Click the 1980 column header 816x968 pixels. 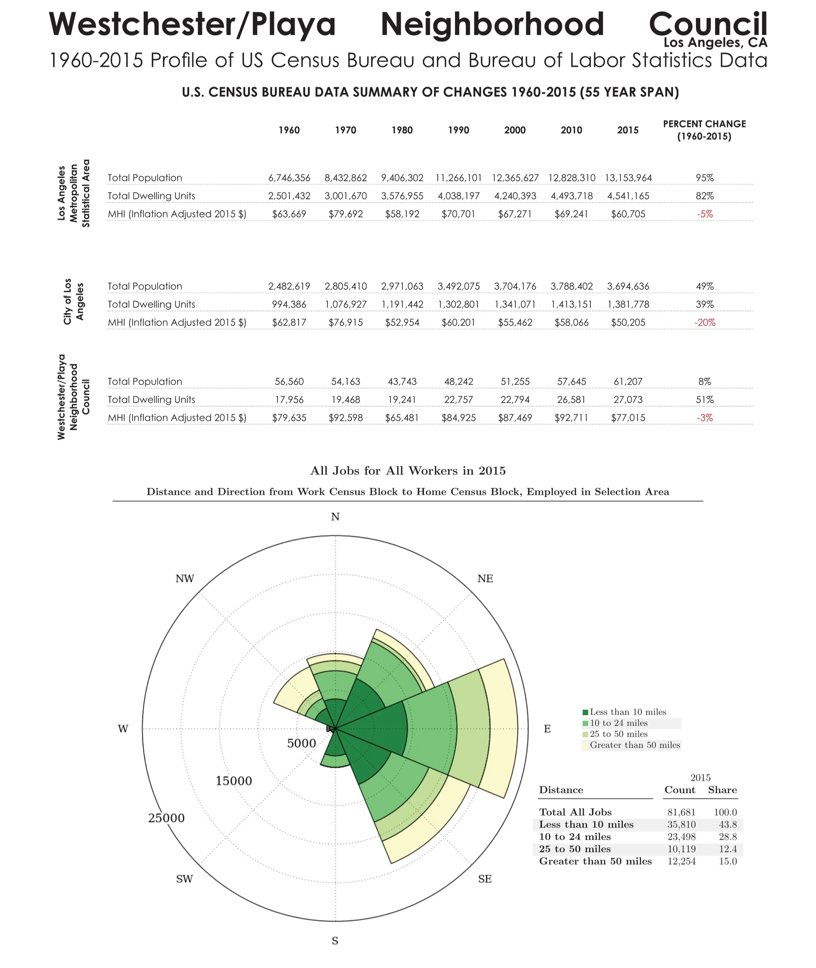pyautogui.click(x=402, y=130)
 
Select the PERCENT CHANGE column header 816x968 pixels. pyautogui.click(x=704, y=130)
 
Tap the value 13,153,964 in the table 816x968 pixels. pyautogui.click(x=628, y=178)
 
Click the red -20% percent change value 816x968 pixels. pyautogui.click(x=704, y=322)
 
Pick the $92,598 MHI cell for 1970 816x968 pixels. pyautogui.click(x=346, y=418)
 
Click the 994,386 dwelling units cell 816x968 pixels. pyautogui.click(x=289, y=304)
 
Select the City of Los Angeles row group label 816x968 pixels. pyautogui.click(x=74, y=302)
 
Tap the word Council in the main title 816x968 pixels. pyautogui.click(x=708, y=24)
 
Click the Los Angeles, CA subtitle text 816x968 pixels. pyautogui.click(x=715, y=42)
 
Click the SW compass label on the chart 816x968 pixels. pyautogui.click(x=184, y=879)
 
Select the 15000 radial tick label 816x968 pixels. pyautogui.click(x=234, y=781)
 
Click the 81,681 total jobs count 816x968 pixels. pyautogui.click(x=681, y=812)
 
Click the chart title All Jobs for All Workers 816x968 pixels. pyautogui.click(x=408, y=471)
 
